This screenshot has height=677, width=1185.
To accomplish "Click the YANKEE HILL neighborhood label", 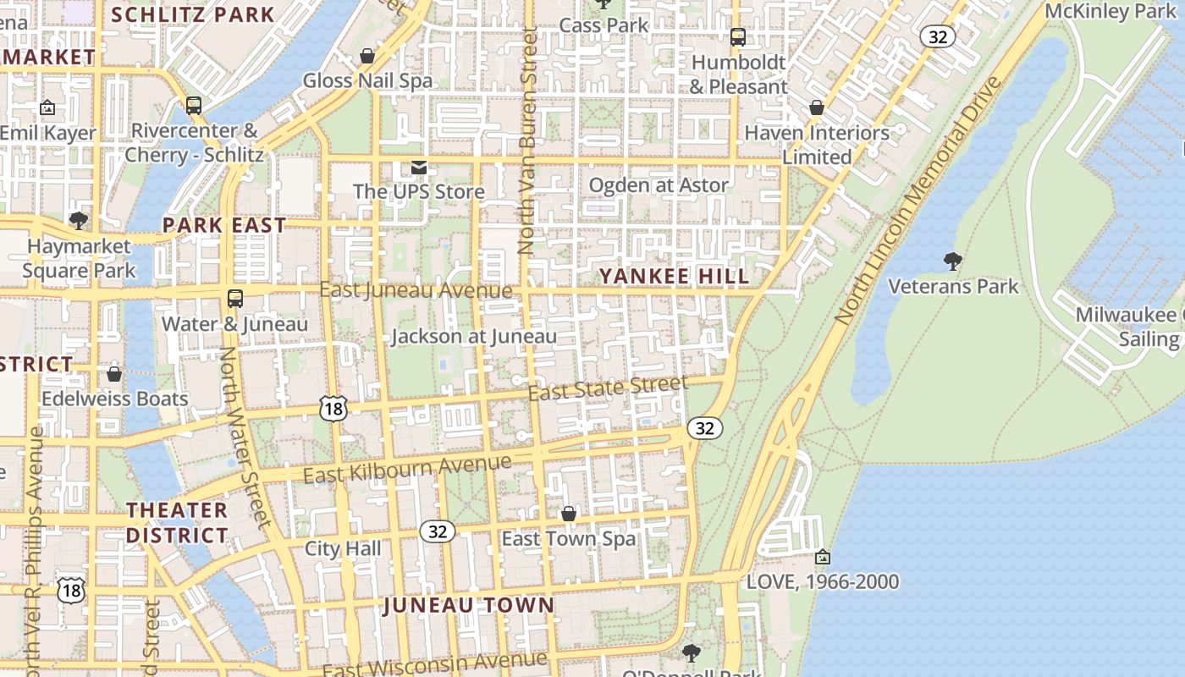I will coord(674,277).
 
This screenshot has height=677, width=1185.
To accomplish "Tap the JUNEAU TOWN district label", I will coord(469,605).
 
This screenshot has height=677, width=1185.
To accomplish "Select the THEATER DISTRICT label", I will coord(177,522).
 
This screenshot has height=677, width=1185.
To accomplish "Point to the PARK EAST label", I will coord(224,225).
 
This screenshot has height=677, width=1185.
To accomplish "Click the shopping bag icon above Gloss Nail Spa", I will coord(367,56).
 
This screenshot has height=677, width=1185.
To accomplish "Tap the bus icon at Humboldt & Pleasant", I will coord(738,37).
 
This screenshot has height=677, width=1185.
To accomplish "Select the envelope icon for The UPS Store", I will coord(418,167).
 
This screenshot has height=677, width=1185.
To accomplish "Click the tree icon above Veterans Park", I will coord(952,261).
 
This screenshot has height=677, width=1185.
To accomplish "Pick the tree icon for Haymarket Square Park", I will coord(78,222).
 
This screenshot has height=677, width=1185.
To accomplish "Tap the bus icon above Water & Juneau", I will coord(235,299).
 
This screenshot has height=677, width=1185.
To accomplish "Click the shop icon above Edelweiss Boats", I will coord(114,373).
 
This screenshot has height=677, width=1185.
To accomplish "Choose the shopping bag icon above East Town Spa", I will coord(569,514).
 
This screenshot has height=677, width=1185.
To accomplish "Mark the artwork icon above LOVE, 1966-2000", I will coord(822,557).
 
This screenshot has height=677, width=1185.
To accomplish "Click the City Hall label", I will coord(343,548).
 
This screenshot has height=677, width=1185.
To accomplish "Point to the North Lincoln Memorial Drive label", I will coord(918,201).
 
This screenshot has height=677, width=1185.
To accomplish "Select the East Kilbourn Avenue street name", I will coord(407,469).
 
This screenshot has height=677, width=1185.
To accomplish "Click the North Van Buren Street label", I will coord(527,140).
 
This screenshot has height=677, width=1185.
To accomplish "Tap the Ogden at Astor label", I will coord(658,185).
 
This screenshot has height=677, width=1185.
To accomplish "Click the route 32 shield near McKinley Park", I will coord(938,36).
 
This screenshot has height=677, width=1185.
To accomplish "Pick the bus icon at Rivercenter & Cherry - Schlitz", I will coord(194,106).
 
